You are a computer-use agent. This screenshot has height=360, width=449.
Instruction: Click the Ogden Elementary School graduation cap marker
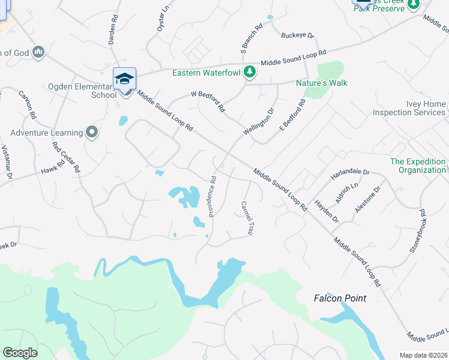(x=124, y=79)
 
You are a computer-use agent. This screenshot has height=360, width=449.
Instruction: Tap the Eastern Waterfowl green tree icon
(x=250, y=73)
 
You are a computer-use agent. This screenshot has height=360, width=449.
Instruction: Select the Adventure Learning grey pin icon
(x=91, y=131)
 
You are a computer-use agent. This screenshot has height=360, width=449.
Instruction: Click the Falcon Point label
(x=340, y=298)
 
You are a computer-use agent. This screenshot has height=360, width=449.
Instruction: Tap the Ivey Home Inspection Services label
(x=409, y=108)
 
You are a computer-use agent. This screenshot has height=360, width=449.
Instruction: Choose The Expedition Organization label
(x=418, y=166)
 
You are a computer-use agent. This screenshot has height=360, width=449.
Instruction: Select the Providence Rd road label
(x=212, y=196)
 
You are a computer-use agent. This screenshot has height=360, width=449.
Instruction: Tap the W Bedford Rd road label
(x=208, y=101)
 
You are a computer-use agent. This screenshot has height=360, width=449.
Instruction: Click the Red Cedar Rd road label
(x=65, y=157)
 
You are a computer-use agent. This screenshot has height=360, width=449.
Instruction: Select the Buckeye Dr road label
(x=298, y=36)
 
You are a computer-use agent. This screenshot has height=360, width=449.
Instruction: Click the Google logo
(x=20, y=353)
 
